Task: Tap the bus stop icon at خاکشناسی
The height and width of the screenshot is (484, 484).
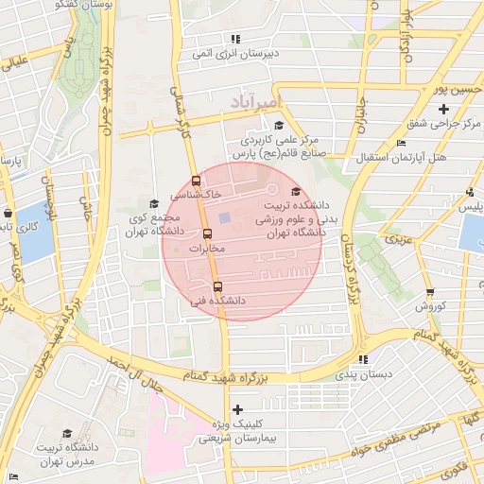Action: tap(196, 181)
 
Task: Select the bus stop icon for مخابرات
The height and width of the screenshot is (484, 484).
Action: tap(206, 234)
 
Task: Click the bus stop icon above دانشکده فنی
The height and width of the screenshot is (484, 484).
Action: tap(217, 286)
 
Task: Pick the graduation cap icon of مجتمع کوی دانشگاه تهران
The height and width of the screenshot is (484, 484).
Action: tap(154, 203)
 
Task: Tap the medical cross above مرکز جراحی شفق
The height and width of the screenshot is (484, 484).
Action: tap(442, 110)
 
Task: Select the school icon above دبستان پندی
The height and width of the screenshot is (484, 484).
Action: tap(363, 359)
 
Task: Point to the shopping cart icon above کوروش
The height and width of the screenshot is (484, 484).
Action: tap(430, 293)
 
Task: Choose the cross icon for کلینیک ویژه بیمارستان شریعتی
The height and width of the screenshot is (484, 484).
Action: tap(237, 410)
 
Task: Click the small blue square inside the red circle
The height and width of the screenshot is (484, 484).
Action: tap(224, 219)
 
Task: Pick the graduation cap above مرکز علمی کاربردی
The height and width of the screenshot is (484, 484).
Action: tap(278, 126)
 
